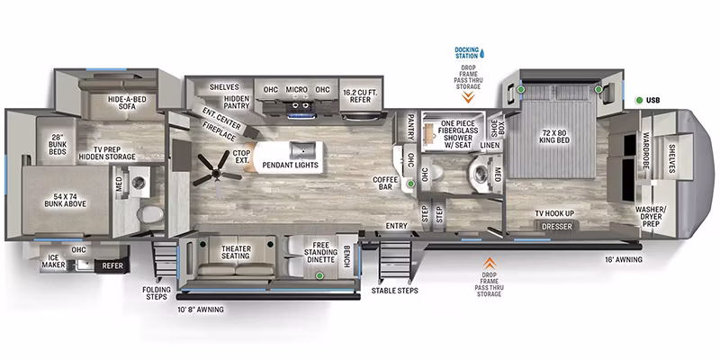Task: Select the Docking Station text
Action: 466,52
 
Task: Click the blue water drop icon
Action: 482,54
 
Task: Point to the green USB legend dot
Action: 639,100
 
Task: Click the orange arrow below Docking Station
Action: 468,97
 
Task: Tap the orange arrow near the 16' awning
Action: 490,263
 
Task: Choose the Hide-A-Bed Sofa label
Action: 121,103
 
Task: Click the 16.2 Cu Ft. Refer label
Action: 360,95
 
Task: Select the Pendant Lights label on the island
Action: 290,165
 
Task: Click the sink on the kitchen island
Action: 302,148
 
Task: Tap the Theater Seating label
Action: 236,252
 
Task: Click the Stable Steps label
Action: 394,290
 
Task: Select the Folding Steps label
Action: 157,293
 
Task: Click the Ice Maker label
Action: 54,262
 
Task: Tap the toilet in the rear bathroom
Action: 149,214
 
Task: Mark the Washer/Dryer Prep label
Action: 647,216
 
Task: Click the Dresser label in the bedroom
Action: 557,227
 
